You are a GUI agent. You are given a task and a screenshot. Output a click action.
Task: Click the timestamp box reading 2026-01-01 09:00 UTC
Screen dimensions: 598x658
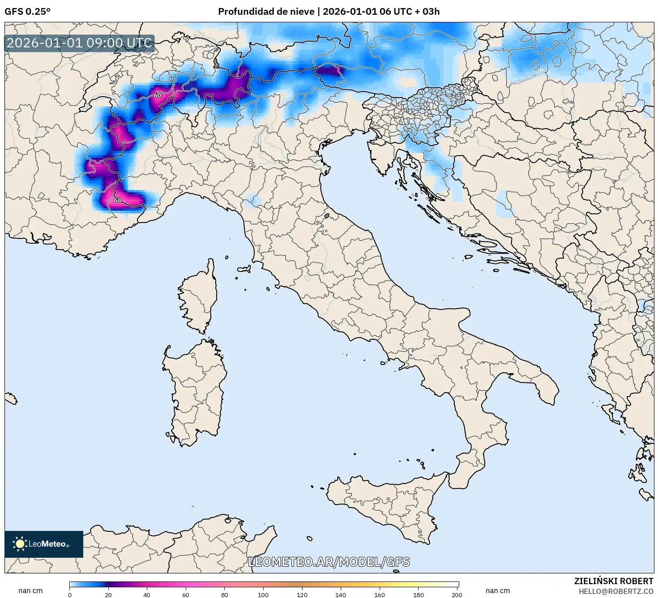tap(79, 43)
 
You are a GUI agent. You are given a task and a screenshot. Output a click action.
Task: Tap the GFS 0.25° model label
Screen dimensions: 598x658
tap(27, 12)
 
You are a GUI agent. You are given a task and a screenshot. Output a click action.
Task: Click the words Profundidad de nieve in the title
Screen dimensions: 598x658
tap(266, 12)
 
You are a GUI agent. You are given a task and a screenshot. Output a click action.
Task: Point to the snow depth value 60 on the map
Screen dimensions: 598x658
tap(157, 95)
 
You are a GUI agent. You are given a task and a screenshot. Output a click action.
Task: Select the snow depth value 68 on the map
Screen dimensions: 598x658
tap(117, 200)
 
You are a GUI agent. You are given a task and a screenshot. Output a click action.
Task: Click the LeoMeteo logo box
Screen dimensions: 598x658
tap(44, 544)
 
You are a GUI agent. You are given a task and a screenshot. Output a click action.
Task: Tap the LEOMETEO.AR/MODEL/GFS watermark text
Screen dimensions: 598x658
tap(329, 562)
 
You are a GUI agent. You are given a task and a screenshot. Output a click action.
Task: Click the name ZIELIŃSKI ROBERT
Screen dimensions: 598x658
tap(613, 581)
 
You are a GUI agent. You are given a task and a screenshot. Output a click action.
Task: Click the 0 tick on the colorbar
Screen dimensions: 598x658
tap(70, 595)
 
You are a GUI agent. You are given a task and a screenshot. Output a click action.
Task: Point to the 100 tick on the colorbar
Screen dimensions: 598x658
tap(263, 595)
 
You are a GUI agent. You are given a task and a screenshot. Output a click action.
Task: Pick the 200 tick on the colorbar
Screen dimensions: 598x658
tap(457, 595)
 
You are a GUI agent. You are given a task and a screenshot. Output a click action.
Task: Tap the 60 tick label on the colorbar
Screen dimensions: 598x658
tap(186, 595)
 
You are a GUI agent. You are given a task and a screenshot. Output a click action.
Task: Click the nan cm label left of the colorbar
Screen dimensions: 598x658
tap(30, 590)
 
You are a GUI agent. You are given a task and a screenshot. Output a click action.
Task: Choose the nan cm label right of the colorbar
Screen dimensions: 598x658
tap(497, 590)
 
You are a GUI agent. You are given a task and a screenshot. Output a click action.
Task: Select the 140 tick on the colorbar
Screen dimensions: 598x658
tap(341, 595)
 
